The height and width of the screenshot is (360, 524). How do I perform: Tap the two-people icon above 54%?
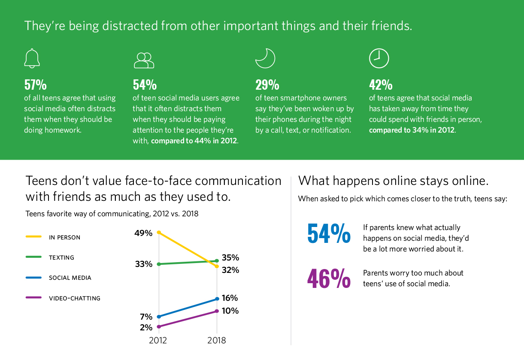(x=144, y=61)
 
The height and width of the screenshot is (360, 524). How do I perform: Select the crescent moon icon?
(x=265, y=59)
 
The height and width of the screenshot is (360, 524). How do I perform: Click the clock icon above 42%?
(x=379, y=59)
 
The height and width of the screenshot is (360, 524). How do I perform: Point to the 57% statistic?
(x=35, y=84)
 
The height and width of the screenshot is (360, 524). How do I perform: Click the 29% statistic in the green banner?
(x=267, y=84)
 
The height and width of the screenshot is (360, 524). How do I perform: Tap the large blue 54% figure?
(x=329, y=233)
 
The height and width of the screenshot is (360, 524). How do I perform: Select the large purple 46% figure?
(x=329, y=278)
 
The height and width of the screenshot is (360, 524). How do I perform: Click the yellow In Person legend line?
(x=33, y=237)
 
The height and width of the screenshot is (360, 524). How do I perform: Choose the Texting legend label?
(x=61, y=257)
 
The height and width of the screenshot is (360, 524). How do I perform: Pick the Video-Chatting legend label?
(x=75, y=298)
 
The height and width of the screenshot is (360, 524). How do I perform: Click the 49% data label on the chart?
(x=143, y=233)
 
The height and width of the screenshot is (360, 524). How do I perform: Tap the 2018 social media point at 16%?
(x=217, y=299)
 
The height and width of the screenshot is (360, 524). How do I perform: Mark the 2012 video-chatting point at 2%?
(x=159, y=327)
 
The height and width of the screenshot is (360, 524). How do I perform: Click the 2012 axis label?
(x=158, y=341)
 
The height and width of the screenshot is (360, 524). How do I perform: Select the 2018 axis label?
(x=216, y=341)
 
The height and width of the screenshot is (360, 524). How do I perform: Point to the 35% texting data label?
(x=230, y=258)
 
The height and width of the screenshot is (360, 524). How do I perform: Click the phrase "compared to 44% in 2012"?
(x=194, y=140)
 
